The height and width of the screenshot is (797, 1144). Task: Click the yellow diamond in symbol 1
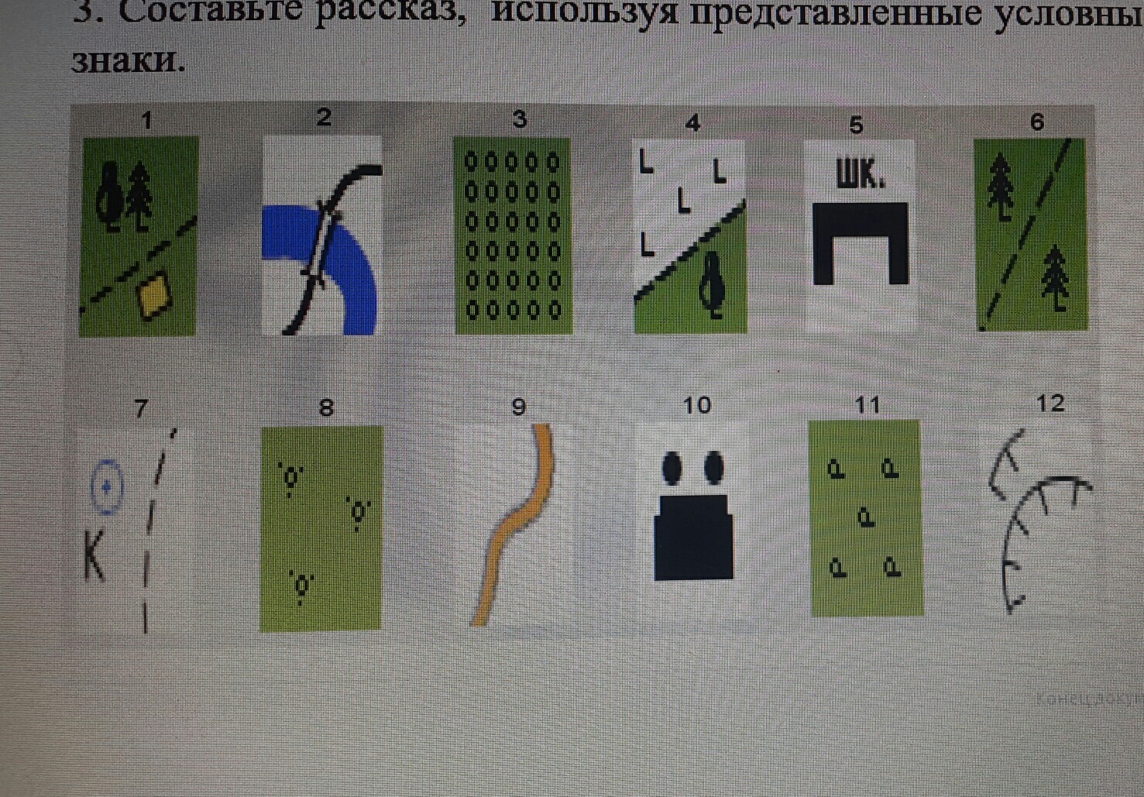point(155,295)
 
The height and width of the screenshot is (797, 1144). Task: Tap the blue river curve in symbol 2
point(356,263)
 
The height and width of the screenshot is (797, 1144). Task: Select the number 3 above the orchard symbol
point(520,119)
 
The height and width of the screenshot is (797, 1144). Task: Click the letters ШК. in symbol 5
point(859,175)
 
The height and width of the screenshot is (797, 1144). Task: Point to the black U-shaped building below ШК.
point(861,242)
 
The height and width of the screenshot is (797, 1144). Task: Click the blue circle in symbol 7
point(107,487)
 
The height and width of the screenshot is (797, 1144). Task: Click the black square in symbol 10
point(693,538)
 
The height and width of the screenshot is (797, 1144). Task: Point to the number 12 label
point(1050,404)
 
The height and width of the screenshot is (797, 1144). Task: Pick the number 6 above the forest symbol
point(1037,122)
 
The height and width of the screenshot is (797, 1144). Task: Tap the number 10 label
point(696,405)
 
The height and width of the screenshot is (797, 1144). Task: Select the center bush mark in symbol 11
point(866,517)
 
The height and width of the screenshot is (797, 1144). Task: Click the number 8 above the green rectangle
point(326,407)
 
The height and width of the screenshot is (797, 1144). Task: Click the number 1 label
point(146,121)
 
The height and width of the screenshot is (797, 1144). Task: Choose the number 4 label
point(692,122)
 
